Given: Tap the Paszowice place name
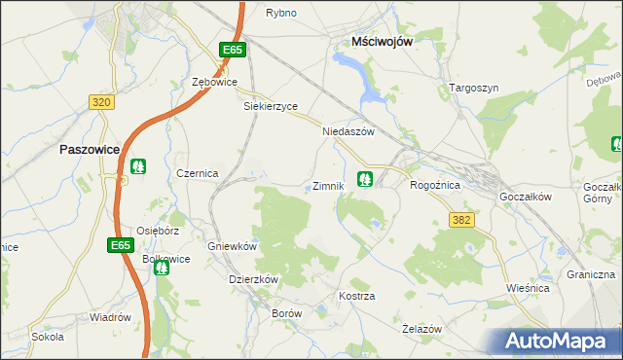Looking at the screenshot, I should [x=90, y=150].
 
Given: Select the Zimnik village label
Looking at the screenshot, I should [x=327, y=186].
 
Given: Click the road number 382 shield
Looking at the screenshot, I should [x=461, y=221].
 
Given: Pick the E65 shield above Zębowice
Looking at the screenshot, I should [x=231, y=50].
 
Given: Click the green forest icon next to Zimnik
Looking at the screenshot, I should [x=365, y=179].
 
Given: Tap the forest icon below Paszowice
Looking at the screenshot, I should [x=138, y=166].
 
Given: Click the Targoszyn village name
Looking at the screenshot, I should [x=474, y=88].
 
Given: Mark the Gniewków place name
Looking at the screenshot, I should [x=232, y=247].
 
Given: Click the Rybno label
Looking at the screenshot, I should [x=280, y=13].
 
